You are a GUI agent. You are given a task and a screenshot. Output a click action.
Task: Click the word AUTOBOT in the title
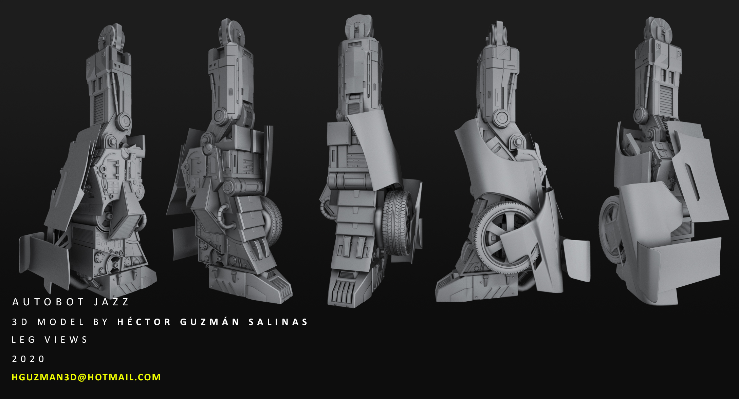(x=48, y=302)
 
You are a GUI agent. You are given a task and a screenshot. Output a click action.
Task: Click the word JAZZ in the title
(x=111, y=302)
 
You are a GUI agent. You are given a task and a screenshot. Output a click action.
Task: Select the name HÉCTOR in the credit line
(x=144, y=321)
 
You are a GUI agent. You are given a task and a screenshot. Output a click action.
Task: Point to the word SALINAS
(x=278, y=322)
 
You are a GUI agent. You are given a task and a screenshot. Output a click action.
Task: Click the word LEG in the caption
(x=23, y=340)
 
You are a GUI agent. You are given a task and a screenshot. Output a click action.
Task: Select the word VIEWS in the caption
(x=66, y=340)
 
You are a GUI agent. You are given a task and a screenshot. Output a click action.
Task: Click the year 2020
(x=28, y=359)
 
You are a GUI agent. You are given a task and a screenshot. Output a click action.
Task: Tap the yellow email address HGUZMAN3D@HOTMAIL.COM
(x=86, y=377)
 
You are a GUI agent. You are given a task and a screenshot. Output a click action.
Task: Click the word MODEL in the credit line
(x=61, y=322)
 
